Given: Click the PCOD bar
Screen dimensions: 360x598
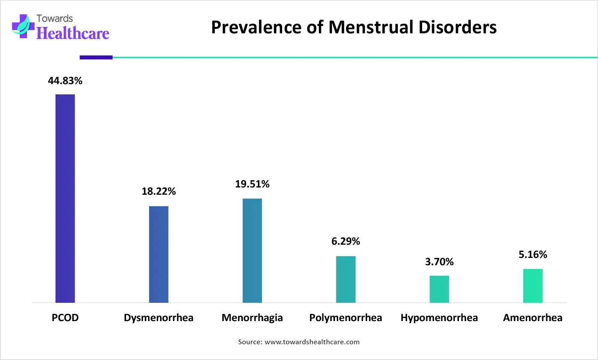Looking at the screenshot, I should [65, 199].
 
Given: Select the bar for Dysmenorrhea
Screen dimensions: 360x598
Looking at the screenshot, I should [158, 255].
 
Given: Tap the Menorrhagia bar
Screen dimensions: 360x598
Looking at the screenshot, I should [252, 251].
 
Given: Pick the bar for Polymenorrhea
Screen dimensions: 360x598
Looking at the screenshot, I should [346, 279].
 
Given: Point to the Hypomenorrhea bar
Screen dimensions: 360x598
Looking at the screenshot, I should [439, 289].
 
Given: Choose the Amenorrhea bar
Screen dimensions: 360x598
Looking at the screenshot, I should [533, 286].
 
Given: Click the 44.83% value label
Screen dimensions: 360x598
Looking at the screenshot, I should [65, 81].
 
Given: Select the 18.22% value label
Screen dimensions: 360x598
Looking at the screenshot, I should [159, 191].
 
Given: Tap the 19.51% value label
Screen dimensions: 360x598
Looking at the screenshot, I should [252, 184].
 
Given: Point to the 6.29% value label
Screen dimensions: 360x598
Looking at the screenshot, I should [346, 241].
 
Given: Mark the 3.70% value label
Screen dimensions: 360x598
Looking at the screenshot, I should [439, 262].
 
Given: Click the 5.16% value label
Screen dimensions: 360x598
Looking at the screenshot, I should [533, 255].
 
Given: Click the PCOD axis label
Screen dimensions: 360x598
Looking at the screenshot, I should [65, 318].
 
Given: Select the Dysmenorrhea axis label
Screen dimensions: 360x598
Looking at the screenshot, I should [158, 318].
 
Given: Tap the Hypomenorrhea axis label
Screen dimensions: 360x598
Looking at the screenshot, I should [439, 318].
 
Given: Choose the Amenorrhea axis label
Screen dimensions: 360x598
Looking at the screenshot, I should [533, 318].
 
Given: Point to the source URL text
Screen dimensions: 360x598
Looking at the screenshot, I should [312, 342].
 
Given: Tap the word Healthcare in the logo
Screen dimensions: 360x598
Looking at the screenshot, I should [73, 33].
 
